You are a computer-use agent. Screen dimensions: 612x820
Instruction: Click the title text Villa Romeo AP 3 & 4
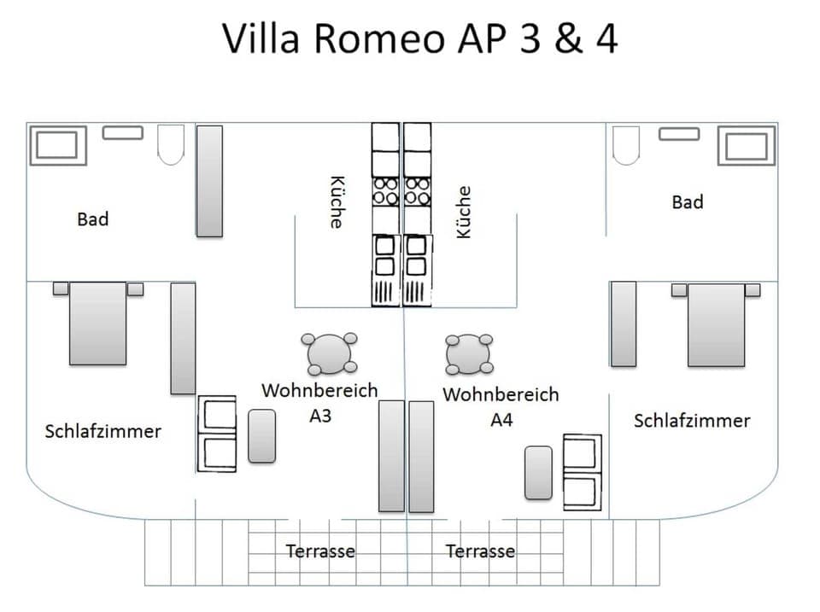(x=419, y=38)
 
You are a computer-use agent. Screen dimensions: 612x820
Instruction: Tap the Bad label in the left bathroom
(x=93, y=219)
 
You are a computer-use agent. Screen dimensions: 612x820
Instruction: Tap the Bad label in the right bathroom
(x=688, y=202)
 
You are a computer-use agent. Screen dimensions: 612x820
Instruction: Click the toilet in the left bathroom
(x=172, y=144)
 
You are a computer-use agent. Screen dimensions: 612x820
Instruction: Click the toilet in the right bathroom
(x=627, y=144)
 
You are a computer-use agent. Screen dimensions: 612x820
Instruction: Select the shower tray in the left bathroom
(x=57, y=145)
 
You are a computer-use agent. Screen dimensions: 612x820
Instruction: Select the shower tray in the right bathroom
(x=746, y=145)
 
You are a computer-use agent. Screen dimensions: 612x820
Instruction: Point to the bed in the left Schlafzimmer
(x=97, y=323)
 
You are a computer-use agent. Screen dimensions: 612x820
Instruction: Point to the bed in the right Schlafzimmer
(x=716, y=323)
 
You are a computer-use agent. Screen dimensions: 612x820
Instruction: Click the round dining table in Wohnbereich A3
(x=330, y=353)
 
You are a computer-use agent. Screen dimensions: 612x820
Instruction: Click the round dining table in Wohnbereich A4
(x=469, y=353)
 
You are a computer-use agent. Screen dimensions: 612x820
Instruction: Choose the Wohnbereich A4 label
(x=501, y=406)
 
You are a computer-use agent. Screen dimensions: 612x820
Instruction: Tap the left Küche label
(x=337, y=202)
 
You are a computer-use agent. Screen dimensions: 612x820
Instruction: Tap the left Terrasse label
(x=320, y=551)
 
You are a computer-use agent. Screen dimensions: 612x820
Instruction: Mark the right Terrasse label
(x=480, y=551)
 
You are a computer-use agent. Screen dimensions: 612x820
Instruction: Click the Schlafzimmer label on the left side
(x=102, y=431)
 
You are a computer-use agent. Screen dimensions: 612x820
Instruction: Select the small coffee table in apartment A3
(x=261, y=436)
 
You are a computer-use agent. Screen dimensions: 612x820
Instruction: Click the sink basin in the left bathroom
(x=123, y=132)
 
